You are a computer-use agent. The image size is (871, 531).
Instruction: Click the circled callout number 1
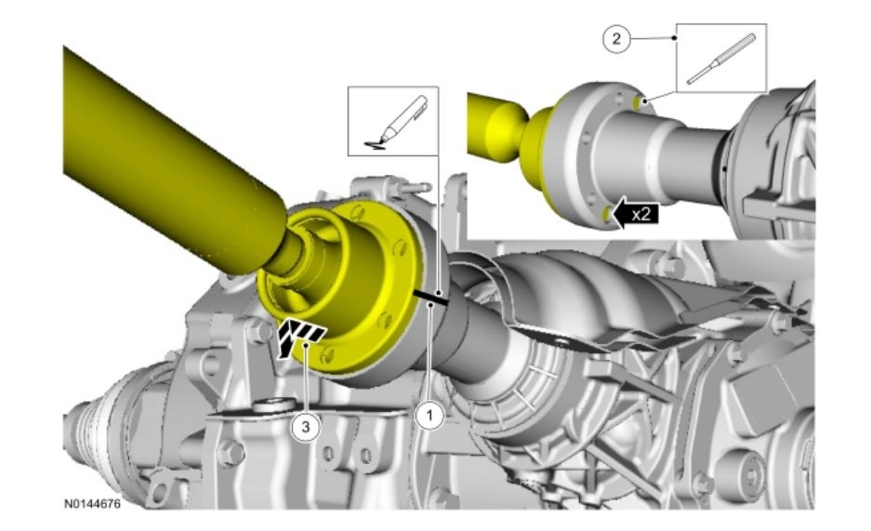[x=429, y=415]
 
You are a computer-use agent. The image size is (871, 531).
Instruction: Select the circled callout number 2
[x=616, y=39]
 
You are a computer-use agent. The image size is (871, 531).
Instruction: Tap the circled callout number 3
[x=306, y=427]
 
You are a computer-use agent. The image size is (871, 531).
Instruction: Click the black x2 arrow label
[x=634, y=214]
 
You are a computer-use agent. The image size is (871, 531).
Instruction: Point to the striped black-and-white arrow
[x=297, y=337]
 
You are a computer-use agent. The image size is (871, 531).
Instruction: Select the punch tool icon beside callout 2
[x=721, y=59]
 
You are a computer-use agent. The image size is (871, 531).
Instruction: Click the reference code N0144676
[x=92, y=504]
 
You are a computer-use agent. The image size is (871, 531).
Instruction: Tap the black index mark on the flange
[x=431, y=298]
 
